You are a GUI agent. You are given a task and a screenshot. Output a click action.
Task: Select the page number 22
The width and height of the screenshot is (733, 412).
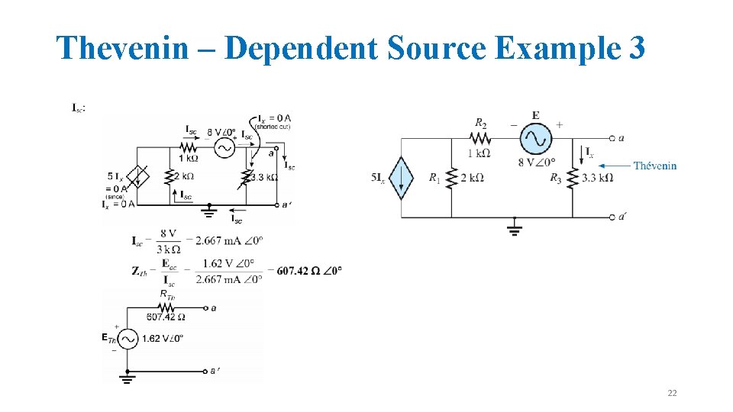(x=672, y=393)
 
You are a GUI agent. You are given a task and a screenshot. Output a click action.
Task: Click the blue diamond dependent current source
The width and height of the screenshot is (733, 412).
(x=401, y=178)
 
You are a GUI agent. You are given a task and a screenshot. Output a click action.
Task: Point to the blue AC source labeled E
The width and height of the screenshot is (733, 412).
(x=535, y=139)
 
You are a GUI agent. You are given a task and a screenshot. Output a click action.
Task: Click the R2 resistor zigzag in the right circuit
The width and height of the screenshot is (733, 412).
(x=480, y=139)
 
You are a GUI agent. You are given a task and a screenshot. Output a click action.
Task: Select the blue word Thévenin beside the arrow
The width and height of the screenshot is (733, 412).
(x=654, y=166)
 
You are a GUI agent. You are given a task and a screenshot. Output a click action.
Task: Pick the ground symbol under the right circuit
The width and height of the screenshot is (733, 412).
(x=515, y=228)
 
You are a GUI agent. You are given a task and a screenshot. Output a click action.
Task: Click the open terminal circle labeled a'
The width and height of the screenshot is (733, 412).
(x=612, y=217)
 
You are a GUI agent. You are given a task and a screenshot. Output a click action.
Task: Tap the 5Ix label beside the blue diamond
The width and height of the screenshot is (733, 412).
(x=378, y=178)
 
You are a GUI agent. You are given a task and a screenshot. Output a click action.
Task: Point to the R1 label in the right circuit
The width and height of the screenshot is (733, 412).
(x=434, y=178)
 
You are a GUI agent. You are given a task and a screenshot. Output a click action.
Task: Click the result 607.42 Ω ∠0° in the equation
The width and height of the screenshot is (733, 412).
(x=309, y=270)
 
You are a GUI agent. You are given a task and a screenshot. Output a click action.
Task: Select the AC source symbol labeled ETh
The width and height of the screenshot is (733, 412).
(x=127, y=338)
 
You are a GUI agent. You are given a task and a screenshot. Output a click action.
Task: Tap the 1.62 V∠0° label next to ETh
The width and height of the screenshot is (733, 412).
(x=162, y=338)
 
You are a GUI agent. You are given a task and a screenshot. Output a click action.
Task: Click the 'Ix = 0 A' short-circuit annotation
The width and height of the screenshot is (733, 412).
(x=274, y=118)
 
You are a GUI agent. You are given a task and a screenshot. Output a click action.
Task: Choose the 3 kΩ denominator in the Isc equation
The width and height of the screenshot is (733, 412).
(x=168, y=249)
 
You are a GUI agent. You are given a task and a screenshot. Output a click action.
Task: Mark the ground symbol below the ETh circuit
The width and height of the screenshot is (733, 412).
(x=127, y=376)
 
